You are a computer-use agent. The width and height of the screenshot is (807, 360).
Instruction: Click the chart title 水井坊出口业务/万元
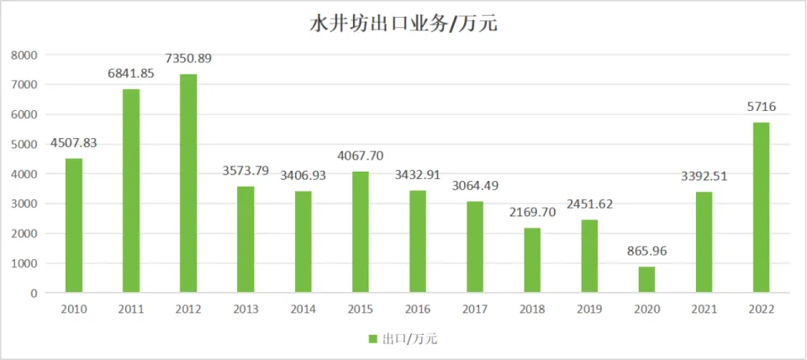[403, 24]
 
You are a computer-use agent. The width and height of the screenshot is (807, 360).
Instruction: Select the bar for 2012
[188, 183]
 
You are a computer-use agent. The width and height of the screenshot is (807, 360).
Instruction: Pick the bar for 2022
[761, 208]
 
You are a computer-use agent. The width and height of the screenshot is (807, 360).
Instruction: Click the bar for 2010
[74, 225]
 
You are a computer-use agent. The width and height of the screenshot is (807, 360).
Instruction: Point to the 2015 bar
[360, 232]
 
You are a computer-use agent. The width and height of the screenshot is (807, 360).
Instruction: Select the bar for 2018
[532, 261]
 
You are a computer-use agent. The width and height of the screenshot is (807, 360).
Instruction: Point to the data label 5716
[761, 107]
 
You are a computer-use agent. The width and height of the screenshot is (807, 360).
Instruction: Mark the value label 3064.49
[475, 186]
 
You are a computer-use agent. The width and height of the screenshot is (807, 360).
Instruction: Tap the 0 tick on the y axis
[34, 293]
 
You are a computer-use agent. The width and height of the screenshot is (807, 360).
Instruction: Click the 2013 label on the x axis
[245, 310]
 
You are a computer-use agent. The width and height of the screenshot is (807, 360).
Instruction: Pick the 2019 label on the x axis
[589, 310]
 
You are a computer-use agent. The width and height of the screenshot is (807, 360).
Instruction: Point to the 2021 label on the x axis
[704, 310]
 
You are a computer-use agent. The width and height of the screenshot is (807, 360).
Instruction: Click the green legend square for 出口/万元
[372, 339]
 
